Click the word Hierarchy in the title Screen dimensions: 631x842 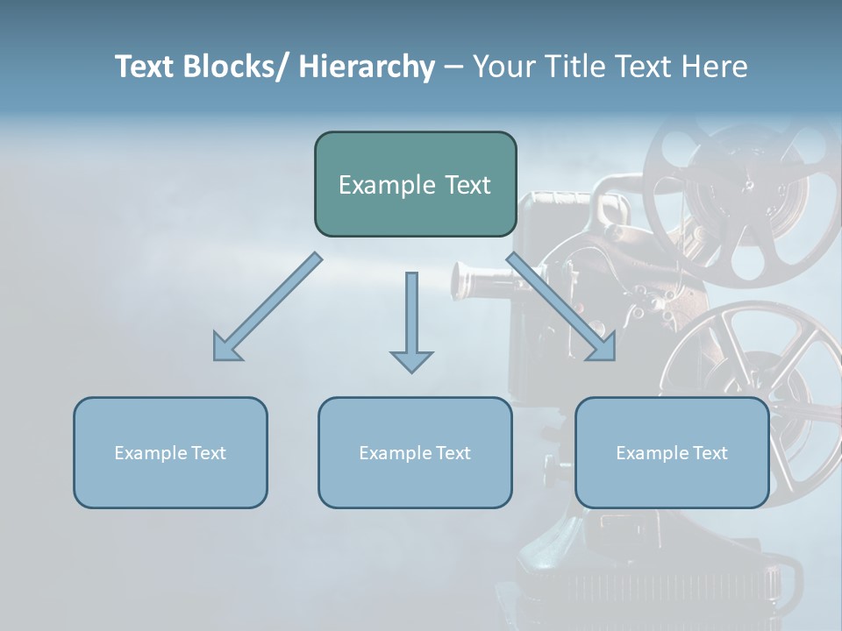click(367, 67)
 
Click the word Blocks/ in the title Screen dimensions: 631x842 click(239, 67)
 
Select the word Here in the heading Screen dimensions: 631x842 click(712, 67)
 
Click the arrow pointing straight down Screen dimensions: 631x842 click(411, 324)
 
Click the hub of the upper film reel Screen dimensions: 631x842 click(748, 186)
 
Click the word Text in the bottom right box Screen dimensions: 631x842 click(709, 453)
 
